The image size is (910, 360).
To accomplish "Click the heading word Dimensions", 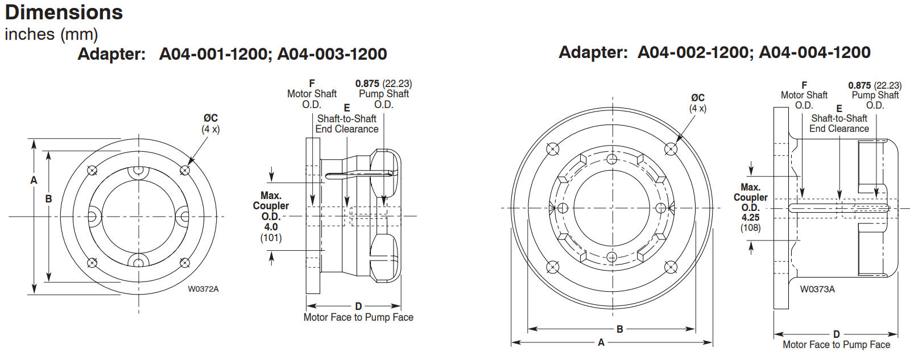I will click(64, 12).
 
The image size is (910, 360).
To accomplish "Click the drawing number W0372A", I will click(203, 289).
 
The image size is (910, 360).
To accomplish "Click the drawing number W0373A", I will click(817, 289).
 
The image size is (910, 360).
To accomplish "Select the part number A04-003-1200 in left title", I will click(332, 54).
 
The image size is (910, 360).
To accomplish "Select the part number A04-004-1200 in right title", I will click(814, 52).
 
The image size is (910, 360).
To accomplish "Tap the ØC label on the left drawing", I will click(210, 118).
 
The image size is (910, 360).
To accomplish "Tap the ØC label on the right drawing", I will click(698, 97).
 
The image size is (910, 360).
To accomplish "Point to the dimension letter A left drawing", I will click(34, 180).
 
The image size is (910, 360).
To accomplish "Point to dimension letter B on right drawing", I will click(619, 329).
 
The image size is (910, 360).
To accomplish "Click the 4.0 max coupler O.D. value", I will click(271, 227).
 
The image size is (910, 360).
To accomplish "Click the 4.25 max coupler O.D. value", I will click(750, 217).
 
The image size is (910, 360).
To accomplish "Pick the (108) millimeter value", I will click(750, 227).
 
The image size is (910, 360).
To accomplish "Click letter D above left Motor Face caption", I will click(358, 306).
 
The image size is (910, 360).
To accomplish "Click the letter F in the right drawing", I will click(804, 85).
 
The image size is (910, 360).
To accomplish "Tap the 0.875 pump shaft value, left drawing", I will click(367, 84).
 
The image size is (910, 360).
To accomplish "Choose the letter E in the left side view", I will click(346, 108).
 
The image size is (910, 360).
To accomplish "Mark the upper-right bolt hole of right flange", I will click(671, 149).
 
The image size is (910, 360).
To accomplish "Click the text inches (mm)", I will click(51, 34).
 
